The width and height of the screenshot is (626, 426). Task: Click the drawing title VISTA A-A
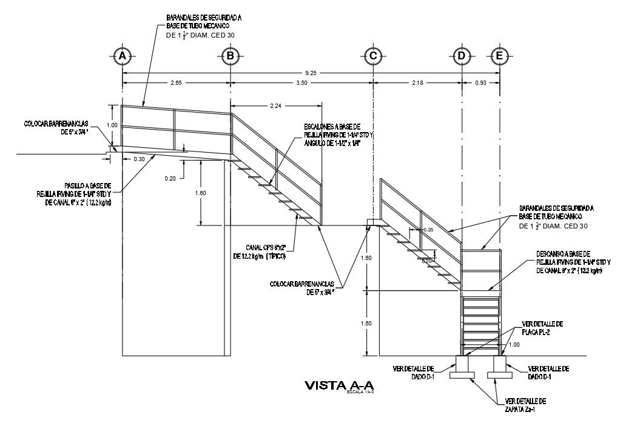pyautogui.click(x=340, y=385)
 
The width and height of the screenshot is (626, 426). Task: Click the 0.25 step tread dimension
pyautogui.click(x=429, y=230)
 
